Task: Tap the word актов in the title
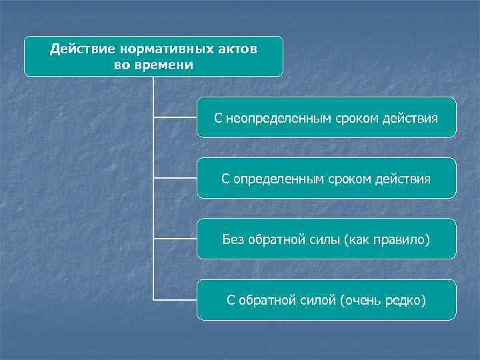click(x=237, y=49)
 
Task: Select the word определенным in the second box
click(x=276, y=179)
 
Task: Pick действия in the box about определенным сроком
click(x=404, y=179)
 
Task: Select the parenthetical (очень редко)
click(x=382, y=300)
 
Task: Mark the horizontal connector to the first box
click(x=175, y=117)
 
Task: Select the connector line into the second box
click(x=175, y=178)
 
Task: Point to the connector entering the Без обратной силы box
click(x=175, y=239)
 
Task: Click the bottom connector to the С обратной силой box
click(x=175, y=299)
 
